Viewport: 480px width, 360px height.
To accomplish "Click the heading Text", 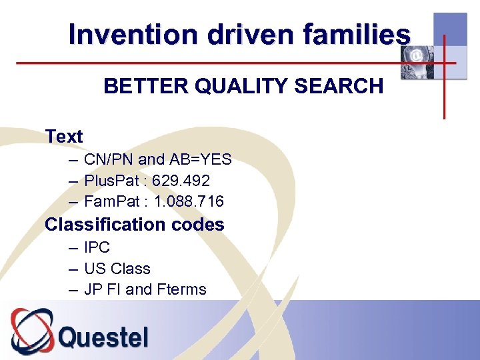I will coord(64,137).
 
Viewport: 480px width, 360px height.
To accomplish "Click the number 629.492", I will coord(181,181).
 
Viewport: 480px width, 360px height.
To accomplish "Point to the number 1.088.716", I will coord(189,201).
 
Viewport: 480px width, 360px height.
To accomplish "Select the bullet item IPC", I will coord(97,247).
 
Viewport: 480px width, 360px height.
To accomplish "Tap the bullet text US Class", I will coord(117,269).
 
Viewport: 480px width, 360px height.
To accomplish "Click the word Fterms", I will coord(181,289).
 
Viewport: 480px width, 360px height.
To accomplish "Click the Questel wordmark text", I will coord(103,337).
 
